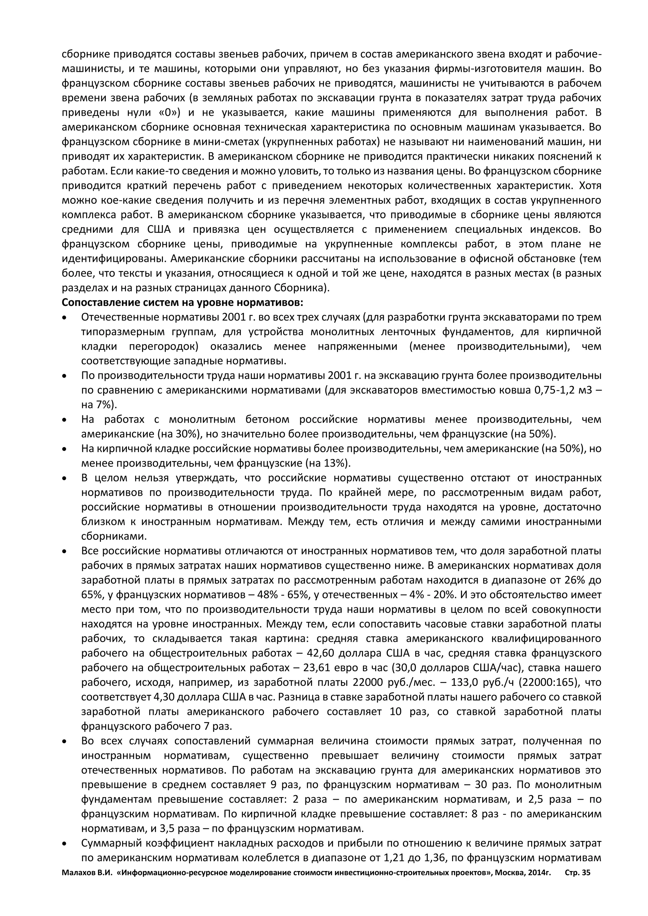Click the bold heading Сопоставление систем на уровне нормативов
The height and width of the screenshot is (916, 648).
click(183, 302)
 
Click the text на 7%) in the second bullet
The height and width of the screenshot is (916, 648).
click(99, 405)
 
